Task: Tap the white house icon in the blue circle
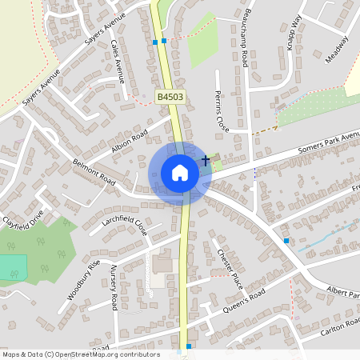180,172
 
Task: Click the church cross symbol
206,161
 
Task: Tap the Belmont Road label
94,171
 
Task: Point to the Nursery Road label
114,288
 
